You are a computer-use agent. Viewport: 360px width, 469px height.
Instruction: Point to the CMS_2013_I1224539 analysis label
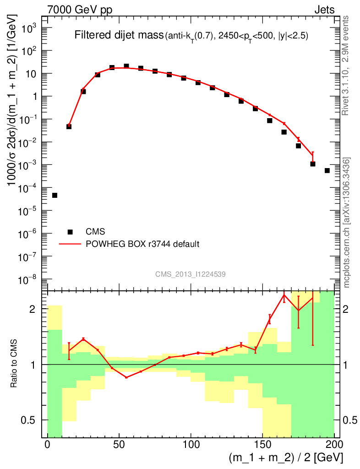[190, 274]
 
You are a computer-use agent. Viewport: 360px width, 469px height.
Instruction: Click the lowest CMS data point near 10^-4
[55, 196]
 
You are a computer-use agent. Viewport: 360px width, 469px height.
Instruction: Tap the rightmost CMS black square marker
[327, 170]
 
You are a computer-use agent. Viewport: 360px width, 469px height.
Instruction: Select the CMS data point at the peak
[126, 66]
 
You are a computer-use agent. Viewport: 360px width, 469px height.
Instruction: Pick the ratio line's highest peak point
[284, 295]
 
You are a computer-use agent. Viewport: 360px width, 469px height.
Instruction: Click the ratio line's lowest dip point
[126, 377]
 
